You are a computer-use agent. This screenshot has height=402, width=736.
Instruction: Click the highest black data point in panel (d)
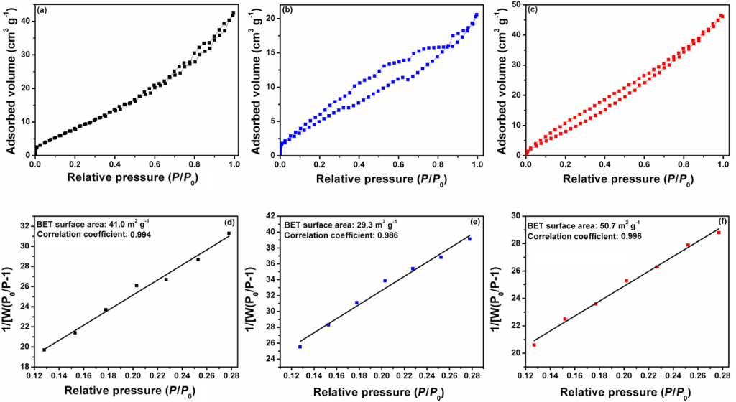(x=229, y=233)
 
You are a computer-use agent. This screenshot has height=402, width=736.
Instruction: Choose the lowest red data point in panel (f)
(x=534, y=345)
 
